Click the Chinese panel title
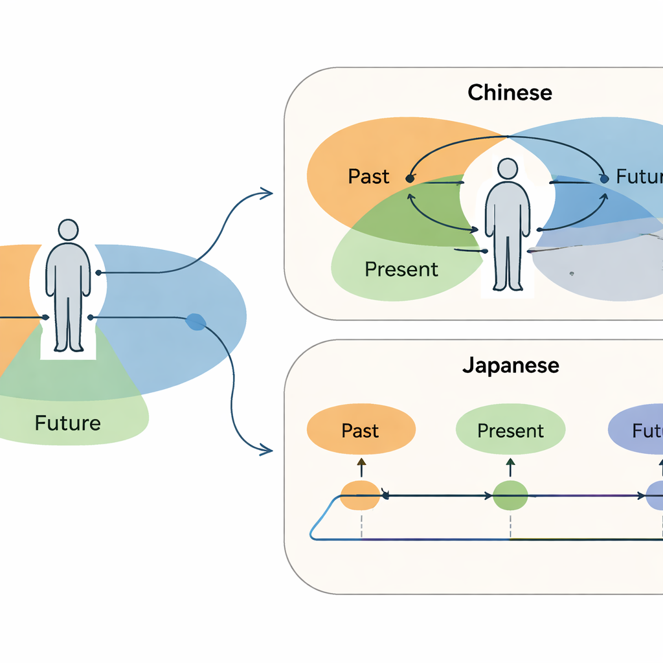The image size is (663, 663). pyautogui.click(x=510, y=92)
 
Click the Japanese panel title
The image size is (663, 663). pyautogui.click(x=510, y=365)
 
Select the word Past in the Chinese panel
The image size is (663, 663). pyautogui.click(x=368, y=176)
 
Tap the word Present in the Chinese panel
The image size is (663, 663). pyautogui.click(x=401, y=269)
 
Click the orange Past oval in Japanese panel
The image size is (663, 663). pyautogui.click(x=361, y=431)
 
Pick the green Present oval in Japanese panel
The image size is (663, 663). pyautogui.click(x=510, y=431)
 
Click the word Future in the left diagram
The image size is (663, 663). pyautogui.click(x=67, y=423)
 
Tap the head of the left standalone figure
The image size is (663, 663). pyautogui.click(x=68, y=230)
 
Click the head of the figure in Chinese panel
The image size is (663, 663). pyautogui.click(x=508, y=170)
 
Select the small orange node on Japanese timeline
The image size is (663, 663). pyautogui.click(x=359, y=496)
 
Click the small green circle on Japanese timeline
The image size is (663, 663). pyautogui.click(x=510, y=496)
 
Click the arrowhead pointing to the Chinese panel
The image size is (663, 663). pyautogui.click(x=266, y=192)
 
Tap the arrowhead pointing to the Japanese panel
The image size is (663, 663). pyautogui.click(x=266, y=449)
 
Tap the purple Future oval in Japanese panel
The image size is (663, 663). pyautogui.click(x=638, y=431)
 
